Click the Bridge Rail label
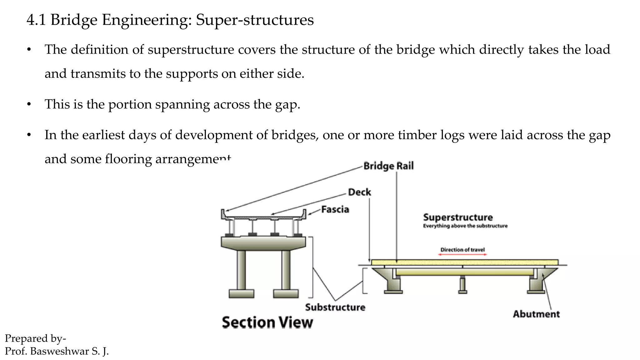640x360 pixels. [x=388, y=166]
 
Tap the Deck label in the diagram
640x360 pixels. [x=359, y=192]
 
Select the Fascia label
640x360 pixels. [x=335, y=209]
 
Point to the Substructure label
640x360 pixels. [x=335, y=307]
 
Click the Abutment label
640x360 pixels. [x=536, y=314]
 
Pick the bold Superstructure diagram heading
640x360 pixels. [x=458, y=217]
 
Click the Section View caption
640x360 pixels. [x=267, y=322]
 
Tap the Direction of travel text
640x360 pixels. [x=462, y=250]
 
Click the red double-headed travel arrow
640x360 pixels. [x=462, y=255]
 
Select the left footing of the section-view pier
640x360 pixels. [x=241, y=294]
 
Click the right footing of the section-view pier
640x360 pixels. [x=286, y=294]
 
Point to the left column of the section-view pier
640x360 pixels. [x=241, y=269]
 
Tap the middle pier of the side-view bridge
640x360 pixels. [x=462, y=284]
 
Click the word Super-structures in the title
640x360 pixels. [x=255, y=20]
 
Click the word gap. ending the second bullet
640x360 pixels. [x=287, y=104]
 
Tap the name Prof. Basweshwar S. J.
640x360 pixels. [x=57, y=351]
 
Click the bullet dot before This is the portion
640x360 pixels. [x=29, y=104]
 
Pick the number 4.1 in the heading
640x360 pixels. [x=36, y=20]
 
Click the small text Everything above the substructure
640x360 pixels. [x=465, y=226]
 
